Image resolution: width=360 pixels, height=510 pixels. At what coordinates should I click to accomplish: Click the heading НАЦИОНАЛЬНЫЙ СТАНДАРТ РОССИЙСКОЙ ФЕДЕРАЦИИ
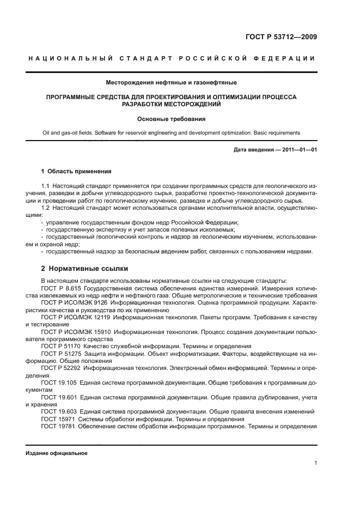click(x=171, y=59)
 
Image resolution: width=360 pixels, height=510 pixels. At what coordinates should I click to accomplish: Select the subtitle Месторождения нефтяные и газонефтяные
click(x=171, y=83)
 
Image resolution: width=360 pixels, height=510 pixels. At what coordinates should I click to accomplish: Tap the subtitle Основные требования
click(x=171, y=118)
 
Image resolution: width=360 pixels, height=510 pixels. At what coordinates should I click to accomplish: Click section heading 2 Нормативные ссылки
click(x=76, y=269)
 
